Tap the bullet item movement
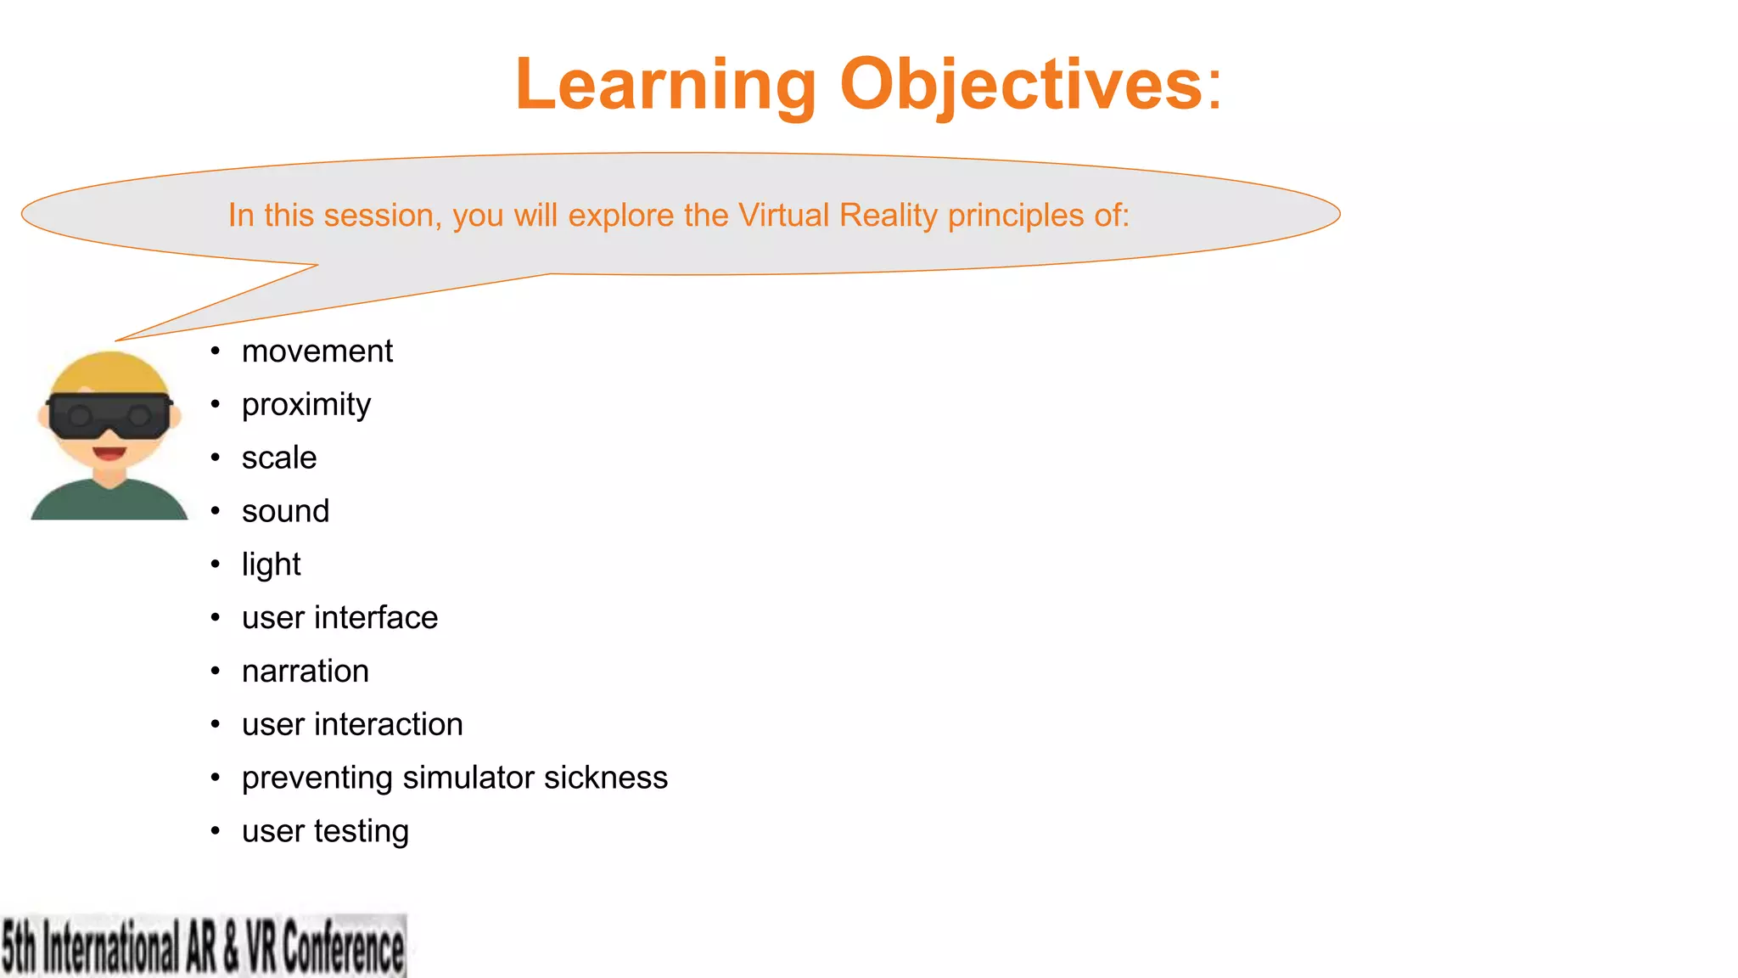tap(317, 351)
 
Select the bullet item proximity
tap(306, 405)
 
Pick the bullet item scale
tap(278, 458)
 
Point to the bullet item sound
tap(285, 512)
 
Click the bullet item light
tap(271, 565)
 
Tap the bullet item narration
tap(305, 672)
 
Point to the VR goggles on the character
tap(109, 415)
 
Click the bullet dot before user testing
tap(216, 831)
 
